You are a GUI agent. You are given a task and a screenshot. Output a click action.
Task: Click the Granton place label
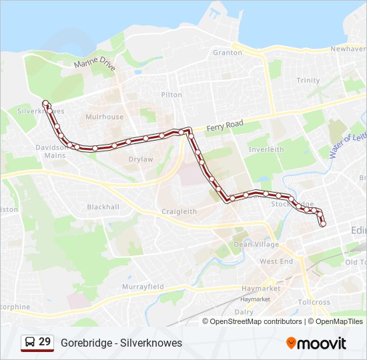click(227, 53)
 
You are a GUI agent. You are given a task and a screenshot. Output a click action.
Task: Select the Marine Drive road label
click(95, 64)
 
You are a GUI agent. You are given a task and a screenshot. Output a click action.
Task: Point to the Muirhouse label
click(104, 117)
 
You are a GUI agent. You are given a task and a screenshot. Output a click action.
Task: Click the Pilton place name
click(171, 95)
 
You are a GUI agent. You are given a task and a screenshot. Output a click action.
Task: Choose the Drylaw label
click(140, 159)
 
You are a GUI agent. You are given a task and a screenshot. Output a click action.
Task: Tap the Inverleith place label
click(266, 150)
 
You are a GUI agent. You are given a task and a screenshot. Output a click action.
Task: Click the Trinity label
click(308, 81)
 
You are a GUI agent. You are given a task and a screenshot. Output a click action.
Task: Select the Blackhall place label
click(103, 207)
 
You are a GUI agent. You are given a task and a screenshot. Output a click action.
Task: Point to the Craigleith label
click(179, 211)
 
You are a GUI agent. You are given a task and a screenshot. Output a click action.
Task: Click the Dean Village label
click(252, 244)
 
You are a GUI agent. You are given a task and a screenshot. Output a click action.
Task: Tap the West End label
click(276, 261)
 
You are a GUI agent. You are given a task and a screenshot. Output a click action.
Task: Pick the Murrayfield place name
click(143, 287)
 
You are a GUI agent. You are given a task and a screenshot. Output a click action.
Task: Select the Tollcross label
click(314, 302)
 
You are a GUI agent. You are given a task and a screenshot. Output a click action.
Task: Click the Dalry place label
click(244, 311)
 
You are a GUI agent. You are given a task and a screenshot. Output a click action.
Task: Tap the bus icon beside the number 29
click(29, 342)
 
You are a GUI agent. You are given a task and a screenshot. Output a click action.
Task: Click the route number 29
click(45, 342)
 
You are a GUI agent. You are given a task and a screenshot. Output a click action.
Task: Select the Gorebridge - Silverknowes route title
click(121, 343)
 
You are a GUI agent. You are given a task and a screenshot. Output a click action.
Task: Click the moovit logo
click(316, 343)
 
